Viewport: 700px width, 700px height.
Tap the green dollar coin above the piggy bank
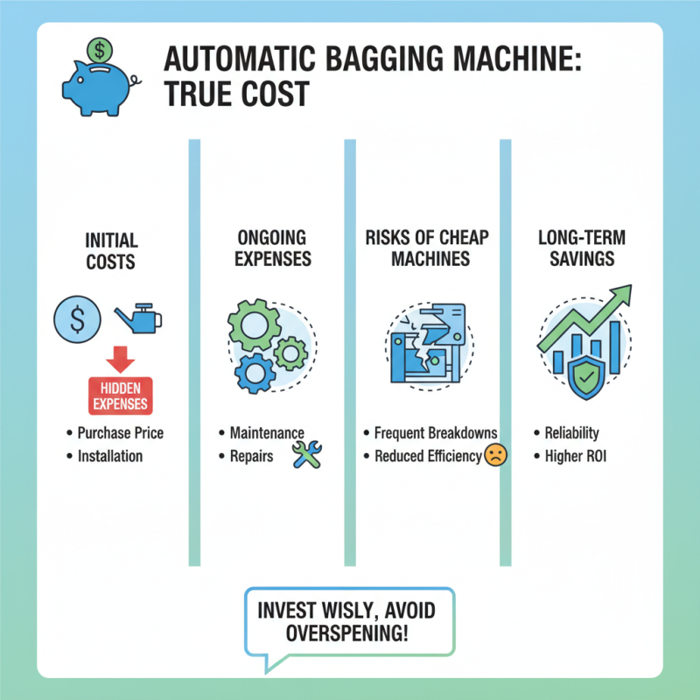coord(100,47)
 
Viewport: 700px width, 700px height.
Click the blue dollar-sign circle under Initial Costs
coord(76,320)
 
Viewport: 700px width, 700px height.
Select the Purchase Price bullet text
coord(120,433)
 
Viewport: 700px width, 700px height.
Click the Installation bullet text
coord(109,456)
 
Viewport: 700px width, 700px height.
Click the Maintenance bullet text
coord(266,433)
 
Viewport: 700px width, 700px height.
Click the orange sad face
coord(494,455)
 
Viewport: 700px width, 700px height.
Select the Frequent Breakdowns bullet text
coord(435,433)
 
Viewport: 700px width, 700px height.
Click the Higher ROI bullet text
coord(577,456)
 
